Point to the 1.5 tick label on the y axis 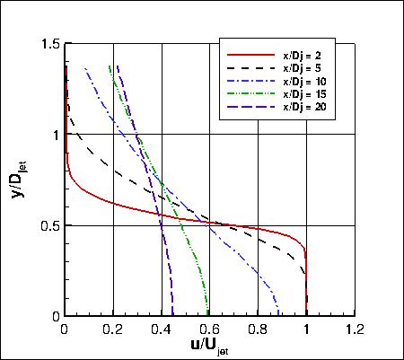pyautogui.click(x=50, y=44)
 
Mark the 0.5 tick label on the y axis pyautogui.click(x=50, y=225)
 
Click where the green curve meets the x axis pyautogui.click(x=208, y=315)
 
